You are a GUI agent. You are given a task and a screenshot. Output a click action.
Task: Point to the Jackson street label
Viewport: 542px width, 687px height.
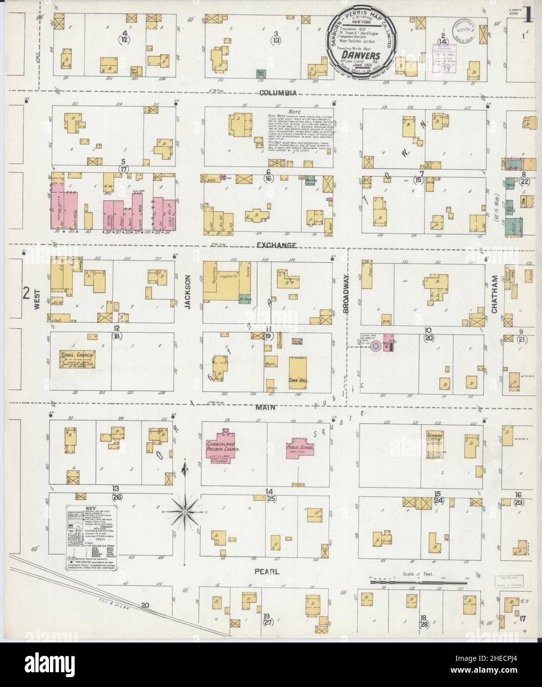pos(188,292)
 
